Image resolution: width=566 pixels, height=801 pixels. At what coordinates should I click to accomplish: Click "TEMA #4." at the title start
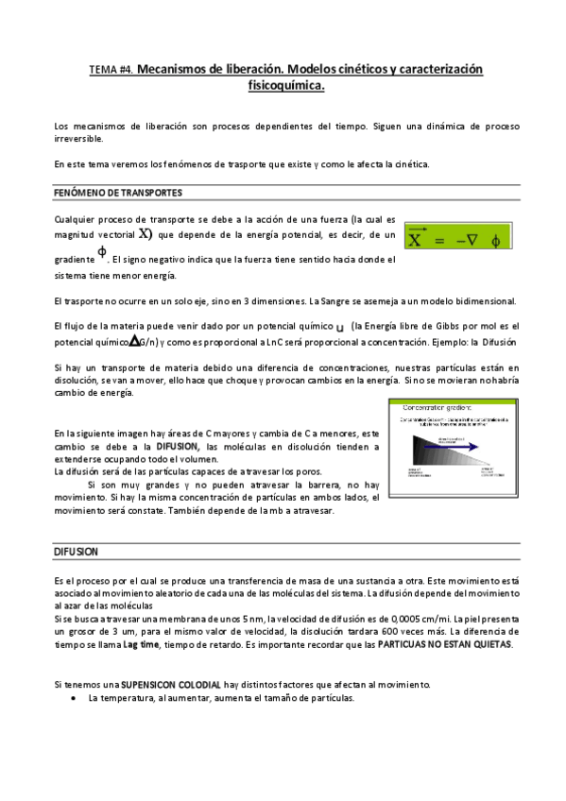click(111, 71)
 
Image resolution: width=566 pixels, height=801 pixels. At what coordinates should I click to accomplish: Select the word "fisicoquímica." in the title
click(284, 86)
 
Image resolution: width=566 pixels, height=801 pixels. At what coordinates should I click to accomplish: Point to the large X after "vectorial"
click(144, 234)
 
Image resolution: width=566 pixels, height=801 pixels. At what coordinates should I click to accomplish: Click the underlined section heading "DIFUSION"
click(77, 551)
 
